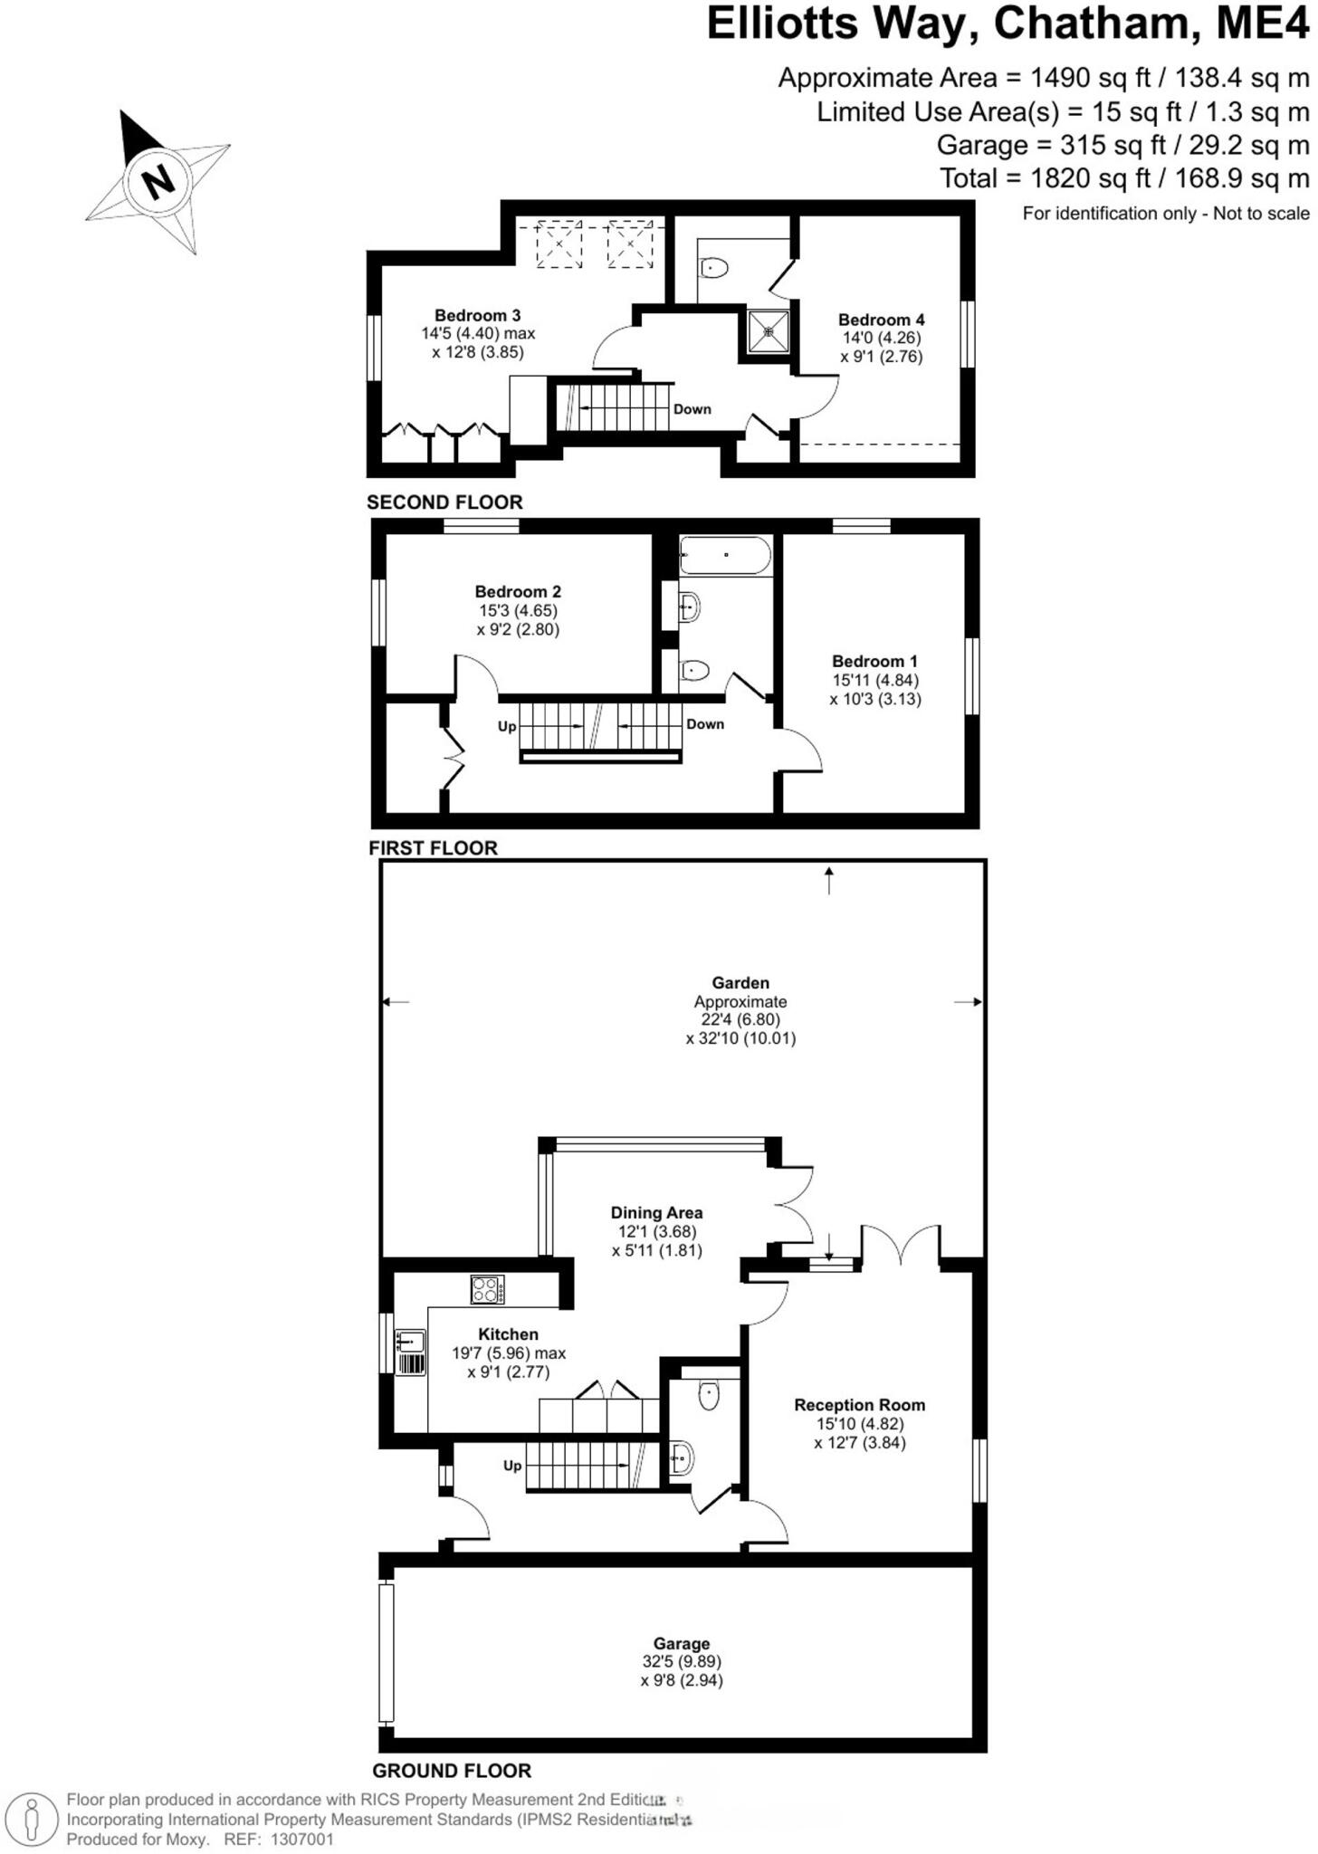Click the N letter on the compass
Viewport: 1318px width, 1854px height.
pyautogui.click(x=158, y=181)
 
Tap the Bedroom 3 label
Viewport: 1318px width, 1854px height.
pyautogui.click(x=477, y=316)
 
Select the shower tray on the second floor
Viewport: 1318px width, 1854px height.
pyautogui.click(x=769, y=331)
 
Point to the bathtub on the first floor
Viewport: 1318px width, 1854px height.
pyautogui.click(x=725, y=555)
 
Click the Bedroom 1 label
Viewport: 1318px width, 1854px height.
pyautogui.click(x=874, y=661)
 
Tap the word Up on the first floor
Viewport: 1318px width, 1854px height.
pyautogui.click(x=507, y=727)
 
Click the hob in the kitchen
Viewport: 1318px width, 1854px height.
pyautogui.click(x=488, y=1289)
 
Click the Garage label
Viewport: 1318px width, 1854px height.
pyautogui.click(x=681, y=1643)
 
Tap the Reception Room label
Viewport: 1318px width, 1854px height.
pyautogui.click(x=859, y=1405)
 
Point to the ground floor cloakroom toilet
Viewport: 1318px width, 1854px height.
pyautogui.click(x=709, y=1397)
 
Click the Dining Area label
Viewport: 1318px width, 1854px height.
pyautogui.click(x=656, y=1213)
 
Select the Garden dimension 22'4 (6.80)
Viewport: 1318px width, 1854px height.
pyautogui.click(x=740, y=1019)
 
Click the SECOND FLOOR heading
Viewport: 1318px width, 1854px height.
pyautogui.click(x=444, y=502)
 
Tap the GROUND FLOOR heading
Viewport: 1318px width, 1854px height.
pyautogui.click(x=452, y=1771)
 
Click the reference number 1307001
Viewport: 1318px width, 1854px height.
pyautogui.click(x=301, y=1840)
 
